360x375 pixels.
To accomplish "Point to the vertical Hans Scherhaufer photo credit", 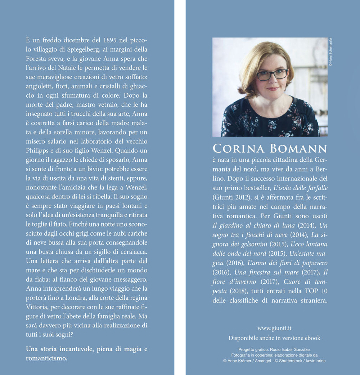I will (330, 52).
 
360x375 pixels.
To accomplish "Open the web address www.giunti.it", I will (274, 328).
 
